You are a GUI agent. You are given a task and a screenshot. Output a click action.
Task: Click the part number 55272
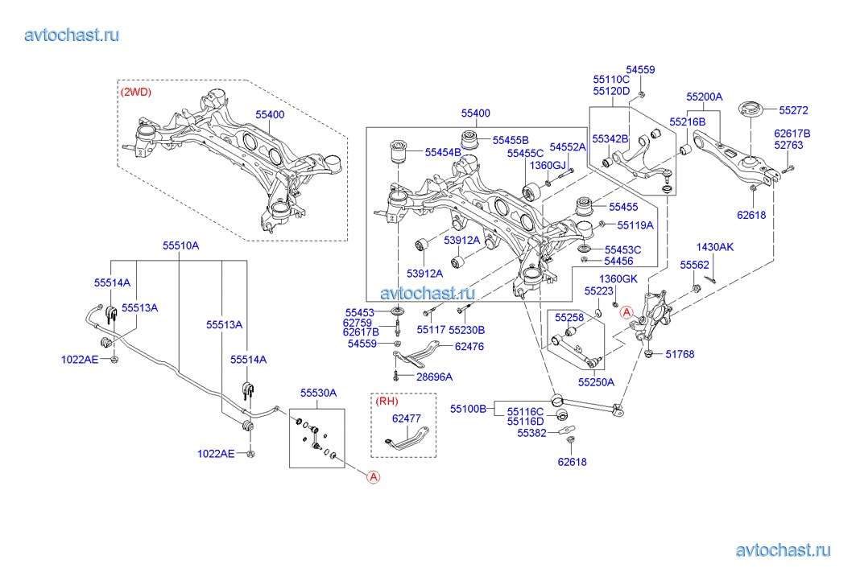(x=793, y=110)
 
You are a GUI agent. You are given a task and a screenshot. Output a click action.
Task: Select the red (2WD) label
(x=136, y=92)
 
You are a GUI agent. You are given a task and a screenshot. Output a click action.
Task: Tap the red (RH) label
(x=387, y=401)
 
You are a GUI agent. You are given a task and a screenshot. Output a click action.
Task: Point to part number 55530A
(x=318, y=393)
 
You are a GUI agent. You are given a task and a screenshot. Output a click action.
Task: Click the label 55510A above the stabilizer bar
(x=180, y=245)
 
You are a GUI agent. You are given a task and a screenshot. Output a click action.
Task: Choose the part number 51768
(x=680, y=354)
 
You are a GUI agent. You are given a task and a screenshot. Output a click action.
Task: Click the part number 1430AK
(x=714, y=247)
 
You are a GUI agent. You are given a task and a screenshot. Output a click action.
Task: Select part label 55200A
(x=705, y=97)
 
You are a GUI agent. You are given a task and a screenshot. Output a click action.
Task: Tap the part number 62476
(x=469, y=347)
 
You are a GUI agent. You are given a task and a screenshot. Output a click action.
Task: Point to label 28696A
(x=435, y=377)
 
